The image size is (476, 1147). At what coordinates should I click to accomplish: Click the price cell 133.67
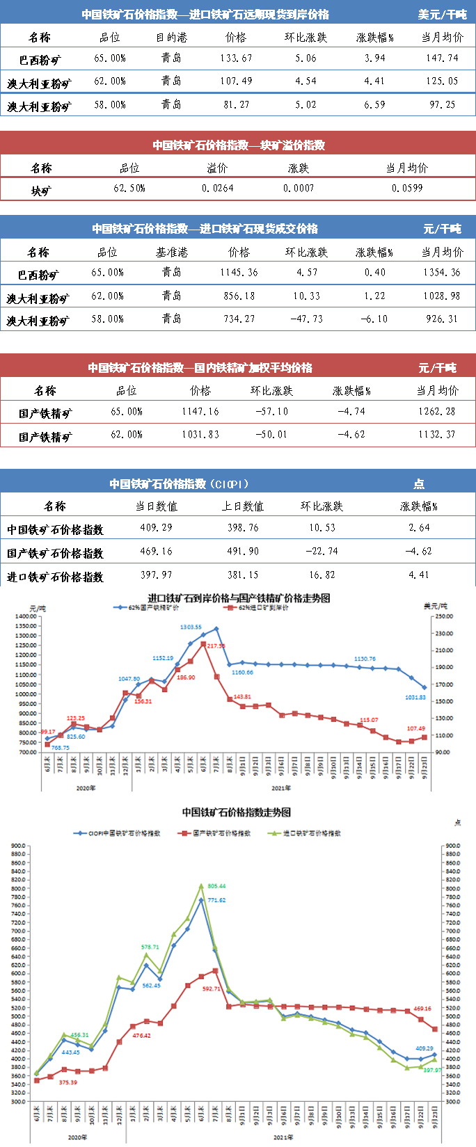pos(236,58)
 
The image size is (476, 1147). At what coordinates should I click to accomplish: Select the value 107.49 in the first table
pos(236,81)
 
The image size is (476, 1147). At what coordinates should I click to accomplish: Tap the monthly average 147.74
pos(442,58)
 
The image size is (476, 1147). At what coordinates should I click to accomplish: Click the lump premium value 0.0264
pos(218,189)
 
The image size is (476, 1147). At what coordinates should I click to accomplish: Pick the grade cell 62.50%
pos(129,189)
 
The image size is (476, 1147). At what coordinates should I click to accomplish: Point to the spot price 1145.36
pos(239,273)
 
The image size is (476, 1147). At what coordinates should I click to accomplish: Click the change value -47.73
pos(307,319)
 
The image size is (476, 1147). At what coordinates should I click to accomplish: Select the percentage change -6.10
pos(374,319)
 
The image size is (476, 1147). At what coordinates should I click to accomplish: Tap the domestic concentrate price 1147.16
pos(200,412)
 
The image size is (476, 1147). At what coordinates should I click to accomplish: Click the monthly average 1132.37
pos(437,435)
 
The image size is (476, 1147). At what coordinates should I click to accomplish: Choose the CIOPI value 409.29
pos(156,528)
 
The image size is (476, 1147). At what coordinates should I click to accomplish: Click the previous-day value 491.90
pos(243,551)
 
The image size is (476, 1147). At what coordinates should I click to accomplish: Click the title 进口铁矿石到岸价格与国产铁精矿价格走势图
pos(239,598)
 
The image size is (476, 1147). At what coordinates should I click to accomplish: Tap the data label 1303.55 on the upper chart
pos(191,627)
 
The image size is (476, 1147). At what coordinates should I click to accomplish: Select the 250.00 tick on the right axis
pos(443,616)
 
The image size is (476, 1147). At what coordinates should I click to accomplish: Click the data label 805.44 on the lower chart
pos(216,886)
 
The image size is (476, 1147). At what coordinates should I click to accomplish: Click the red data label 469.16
pos(422,1009)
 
